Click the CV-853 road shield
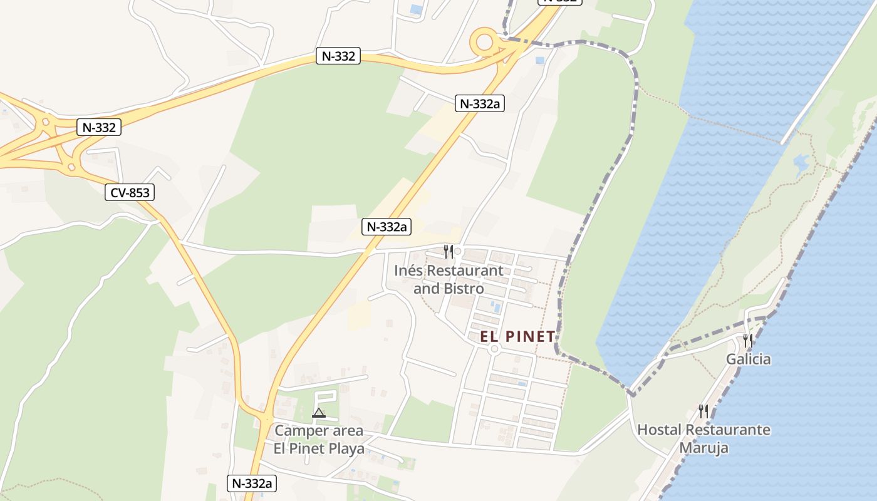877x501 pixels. click(x=130, y=193)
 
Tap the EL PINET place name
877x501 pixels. click(x=517, y=336)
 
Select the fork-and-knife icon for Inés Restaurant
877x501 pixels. click(x=448, y=252)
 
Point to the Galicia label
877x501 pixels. click(x=748, y=359)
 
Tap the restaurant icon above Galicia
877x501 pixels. click(x=748, y=341)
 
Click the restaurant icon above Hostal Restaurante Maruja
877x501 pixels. click(x=704, y=411)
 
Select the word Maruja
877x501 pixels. click(x=704, y=448)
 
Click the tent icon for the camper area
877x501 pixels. click(x=319, y=413)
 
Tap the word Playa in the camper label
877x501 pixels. click(x=345, y=448)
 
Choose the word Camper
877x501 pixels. click(x=301, y=431)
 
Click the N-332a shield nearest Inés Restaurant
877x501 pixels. click(x=387, y=227)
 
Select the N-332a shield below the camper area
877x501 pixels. click(x=251, y=483)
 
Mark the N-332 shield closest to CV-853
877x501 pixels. click(x=98, y=128)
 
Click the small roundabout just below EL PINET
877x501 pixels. click(x=494, y=349)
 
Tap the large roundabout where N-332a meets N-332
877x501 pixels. click(x=485, y=43)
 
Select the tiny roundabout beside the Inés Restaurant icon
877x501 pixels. click(x=458, y=252)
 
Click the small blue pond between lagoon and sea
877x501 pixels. click(x=801, y=163)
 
